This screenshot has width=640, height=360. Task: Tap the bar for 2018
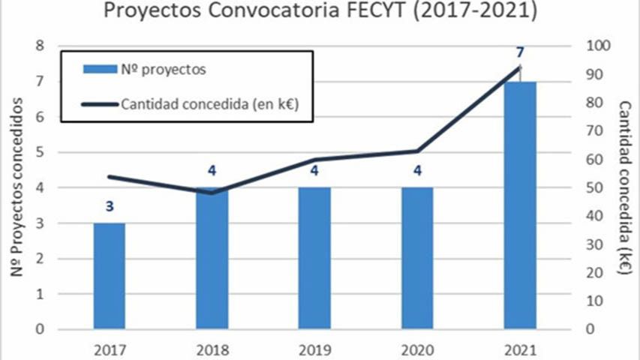point(212,259)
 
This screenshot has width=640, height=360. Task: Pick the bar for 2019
point(314,259)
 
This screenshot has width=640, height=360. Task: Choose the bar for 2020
point(416,259)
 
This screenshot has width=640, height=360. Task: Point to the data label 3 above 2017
point(109,206)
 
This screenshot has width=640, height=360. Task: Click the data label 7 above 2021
point(519,53)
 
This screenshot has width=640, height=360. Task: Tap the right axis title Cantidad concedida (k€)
point(624,187)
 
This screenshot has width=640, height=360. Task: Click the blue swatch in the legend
point(97,70)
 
